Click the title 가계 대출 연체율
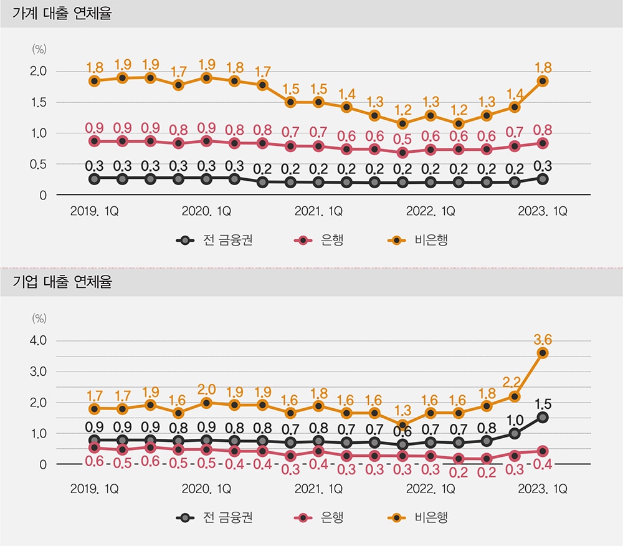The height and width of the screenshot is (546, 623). pyautogui.click(x=62, y=13)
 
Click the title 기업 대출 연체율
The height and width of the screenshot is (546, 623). pyautogui.click(x=62, y=282)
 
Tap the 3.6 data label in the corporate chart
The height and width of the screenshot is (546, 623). pyautogui.click(x=543, y=340)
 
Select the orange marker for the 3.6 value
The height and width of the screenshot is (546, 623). pyautogui.click(x=543, y=353)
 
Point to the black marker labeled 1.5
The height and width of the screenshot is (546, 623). pyautogui.click(x=543, y=417)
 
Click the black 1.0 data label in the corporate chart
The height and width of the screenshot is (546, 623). pyautogui.click(x=515, y=419)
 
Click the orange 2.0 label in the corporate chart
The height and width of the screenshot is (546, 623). pyautogui.click(x=206, y=390)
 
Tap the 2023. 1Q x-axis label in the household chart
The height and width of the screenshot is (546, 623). pyautogui.click(x=543, y=211)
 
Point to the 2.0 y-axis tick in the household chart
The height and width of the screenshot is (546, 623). pyautogui.click(x=39, y=72)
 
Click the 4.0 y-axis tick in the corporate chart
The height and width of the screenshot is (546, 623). pyautogui.click(x=39, y=341)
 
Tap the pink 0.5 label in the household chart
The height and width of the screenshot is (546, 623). pyautogui.click(x=402, y=138)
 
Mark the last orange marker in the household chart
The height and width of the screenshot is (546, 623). pyautogui.click(x=543, y=81)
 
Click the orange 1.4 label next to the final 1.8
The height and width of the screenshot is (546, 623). pyautogui.click(x=515, y=94)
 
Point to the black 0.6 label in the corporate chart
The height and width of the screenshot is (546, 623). pyautogui.click(x=402, y=431)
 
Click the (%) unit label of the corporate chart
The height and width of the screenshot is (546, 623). pyautogui.click(x=39, y=318)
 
